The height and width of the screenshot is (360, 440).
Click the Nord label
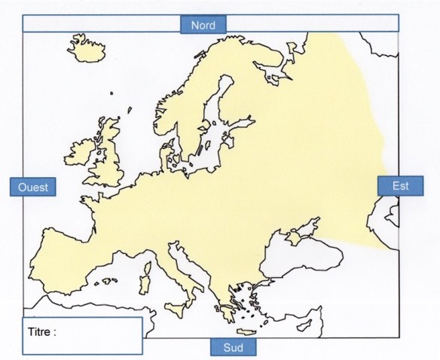[x=203, y=25]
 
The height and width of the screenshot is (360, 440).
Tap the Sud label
[x=233, y=347]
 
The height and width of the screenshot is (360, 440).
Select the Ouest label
[x=32, y=187]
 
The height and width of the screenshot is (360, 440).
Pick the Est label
[x=400, y=185]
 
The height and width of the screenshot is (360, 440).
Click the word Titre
[x=42, y=331]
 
